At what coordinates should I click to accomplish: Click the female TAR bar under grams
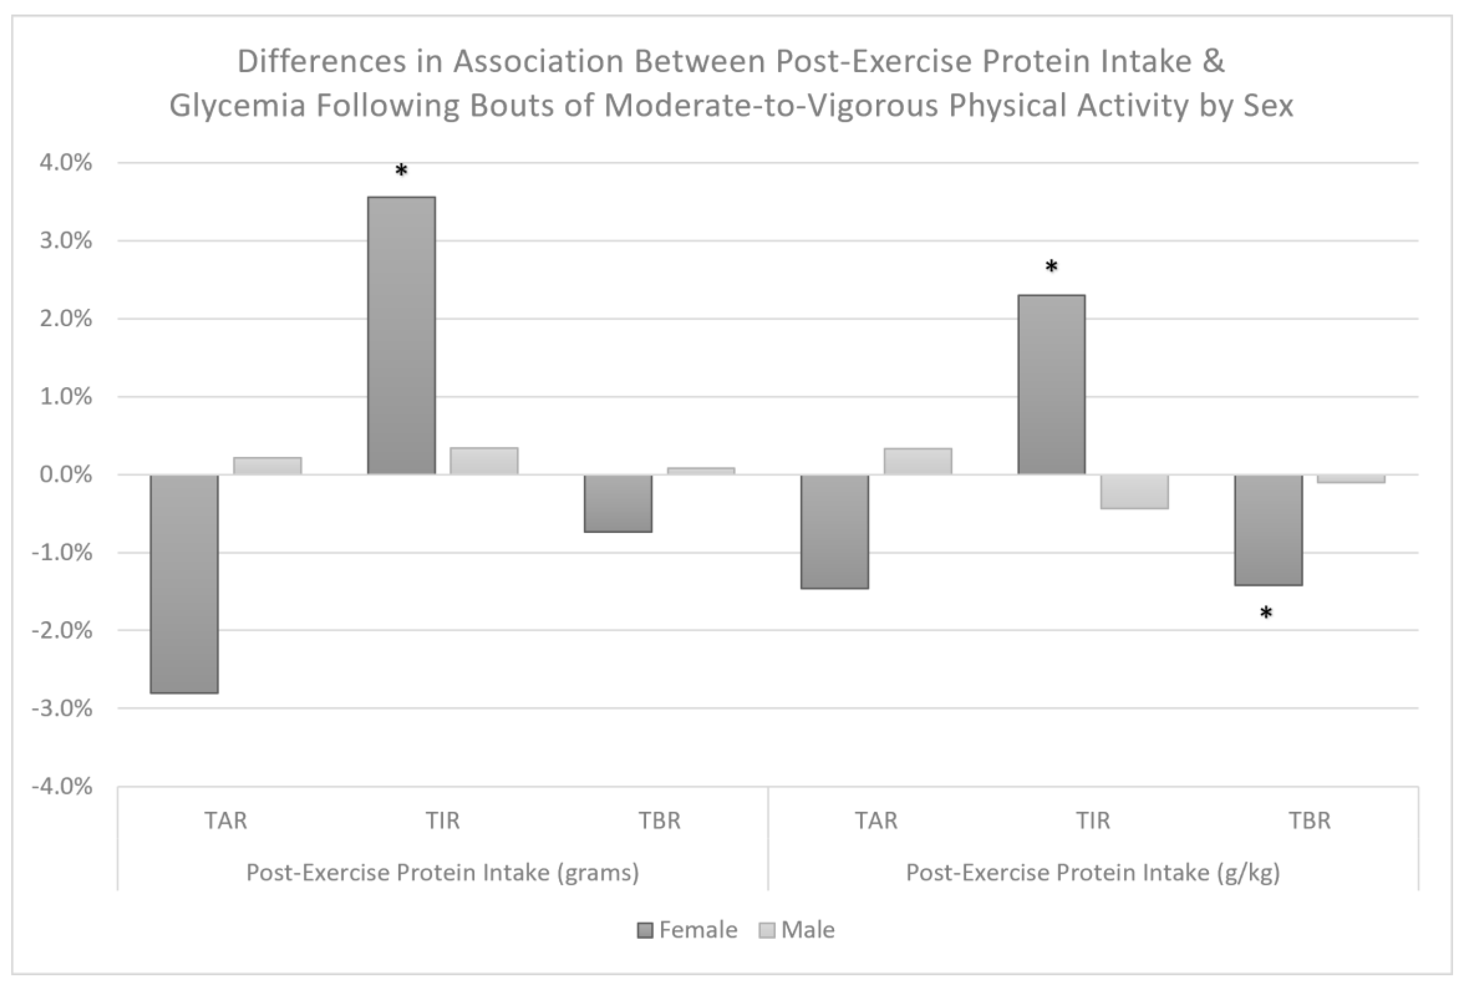coord(185,584)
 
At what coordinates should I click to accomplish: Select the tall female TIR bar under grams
coord(401,336)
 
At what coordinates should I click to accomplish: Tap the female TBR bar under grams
coord(618,503)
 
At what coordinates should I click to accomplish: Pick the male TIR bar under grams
coord(484,461)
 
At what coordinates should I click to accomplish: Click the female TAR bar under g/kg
coord(835,531)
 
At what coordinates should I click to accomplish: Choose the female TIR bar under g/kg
coord(1051,385)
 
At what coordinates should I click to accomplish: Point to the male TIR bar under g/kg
coord(1134,491)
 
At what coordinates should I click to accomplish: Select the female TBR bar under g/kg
coord(1268,530)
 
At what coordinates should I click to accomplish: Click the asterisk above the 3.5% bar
coord(401,171)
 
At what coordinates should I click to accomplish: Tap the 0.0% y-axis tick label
coord(65,475)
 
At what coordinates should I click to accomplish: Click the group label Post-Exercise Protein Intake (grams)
coord(442,873)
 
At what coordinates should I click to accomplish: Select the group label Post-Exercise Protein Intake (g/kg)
coord(1093,873)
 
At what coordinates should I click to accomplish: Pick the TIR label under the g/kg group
coord(1093,821)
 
